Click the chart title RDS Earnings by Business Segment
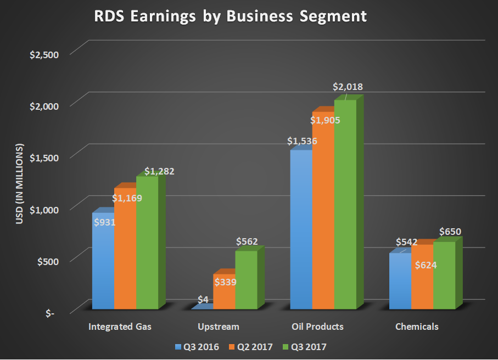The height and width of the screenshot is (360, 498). (x=229, y=17)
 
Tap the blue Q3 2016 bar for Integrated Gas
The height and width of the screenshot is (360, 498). (x=103, y=263)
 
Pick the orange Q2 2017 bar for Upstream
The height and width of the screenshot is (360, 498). (x=223, y=294)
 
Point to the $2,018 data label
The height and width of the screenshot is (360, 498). (x=348, y=87)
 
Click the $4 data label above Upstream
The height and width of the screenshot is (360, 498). (x=203, y=300)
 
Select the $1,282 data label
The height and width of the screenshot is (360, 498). (x=159, y=171)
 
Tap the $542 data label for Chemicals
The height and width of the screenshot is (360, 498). (x=406, y=242)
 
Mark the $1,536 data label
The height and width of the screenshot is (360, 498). (x=302, y=141)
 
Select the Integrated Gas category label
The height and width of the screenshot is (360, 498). (x=120, y=327)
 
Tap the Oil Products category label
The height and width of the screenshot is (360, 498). (x=317, y=327)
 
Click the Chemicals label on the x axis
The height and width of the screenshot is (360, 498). (x=417, y=327)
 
